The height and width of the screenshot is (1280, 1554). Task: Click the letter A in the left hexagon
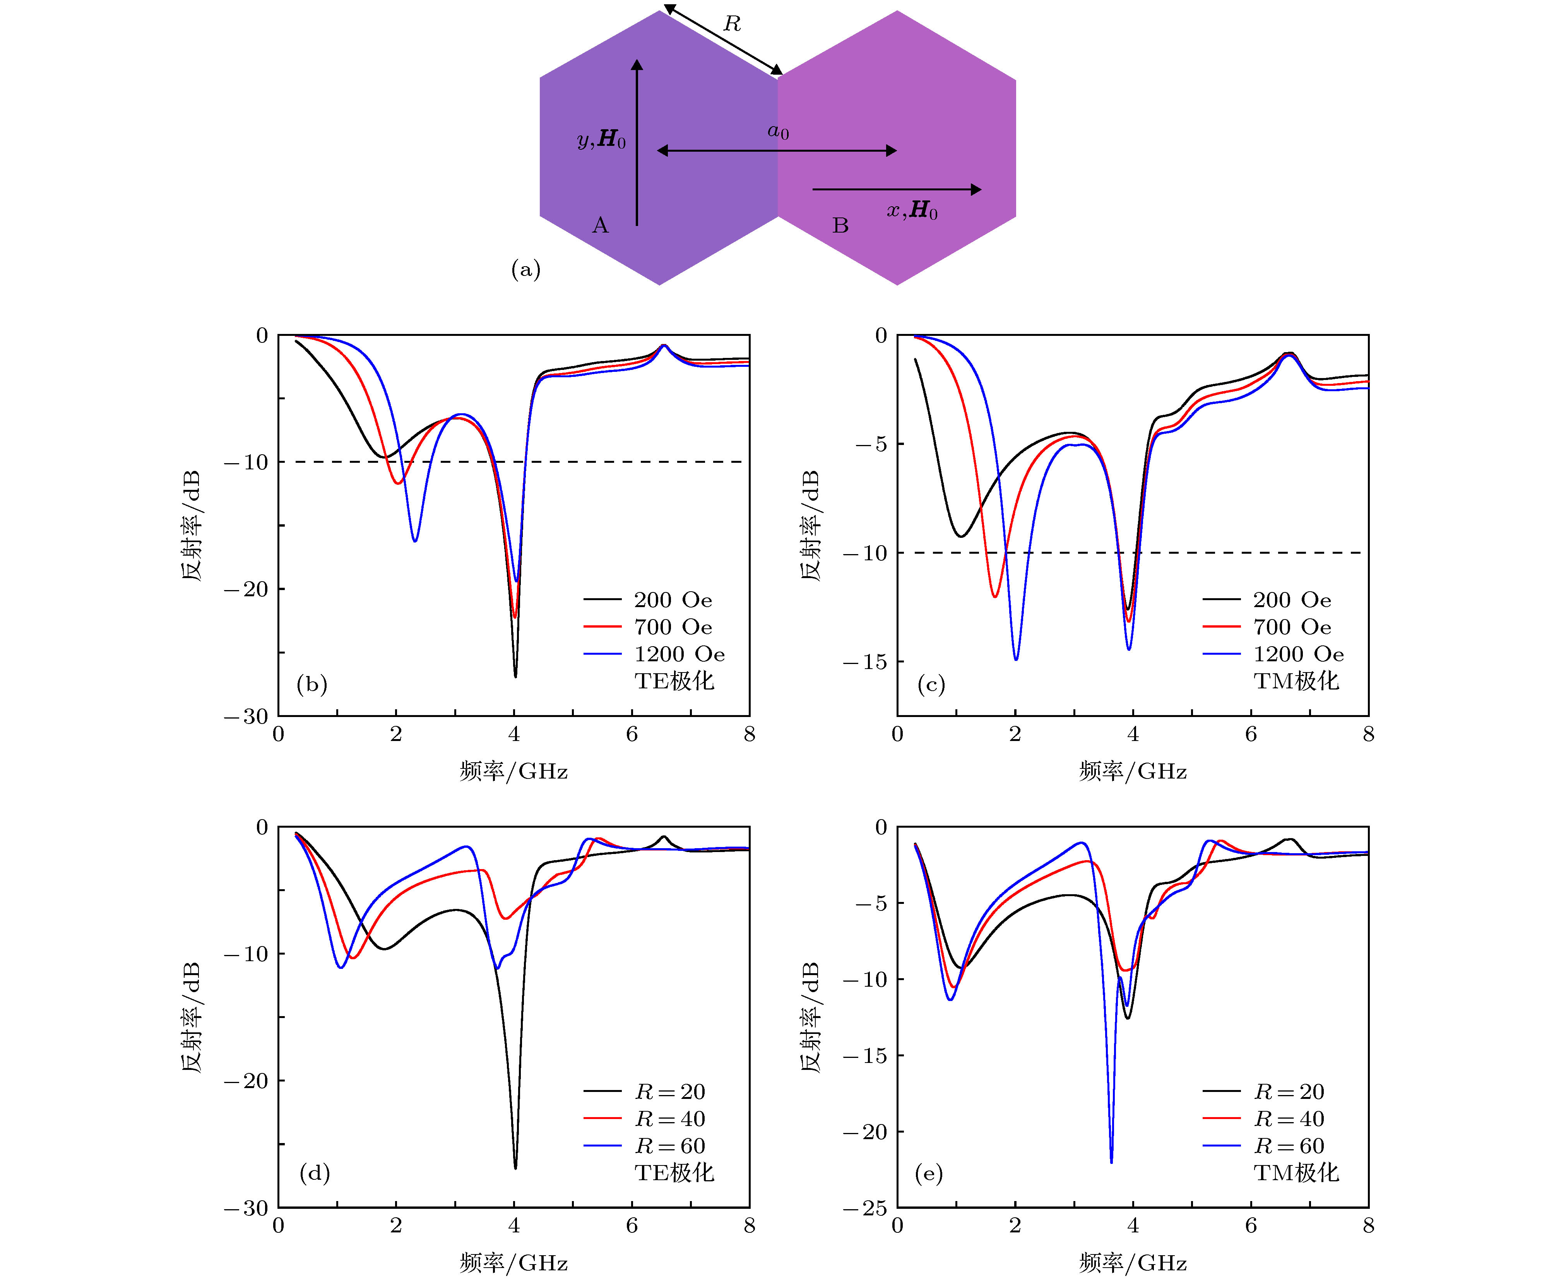pos(600,225)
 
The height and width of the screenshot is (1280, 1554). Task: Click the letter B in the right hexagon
pos(840,225)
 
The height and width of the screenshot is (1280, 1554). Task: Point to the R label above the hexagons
pos(731,24)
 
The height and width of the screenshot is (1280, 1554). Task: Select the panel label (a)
pos(525,269)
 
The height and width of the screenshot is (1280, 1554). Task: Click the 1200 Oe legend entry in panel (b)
pos(678,654)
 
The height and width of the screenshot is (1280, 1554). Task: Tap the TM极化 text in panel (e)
pos(1296,1172)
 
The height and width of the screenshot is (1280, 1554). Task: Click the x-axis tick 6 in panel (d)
pos(632,1225)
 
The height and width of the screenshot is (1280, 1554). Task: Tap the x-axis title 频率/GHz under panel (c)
pos(1132,771)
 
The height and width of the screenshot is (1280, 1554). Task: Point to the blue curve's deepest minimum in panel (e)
pos(1111,1162)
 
